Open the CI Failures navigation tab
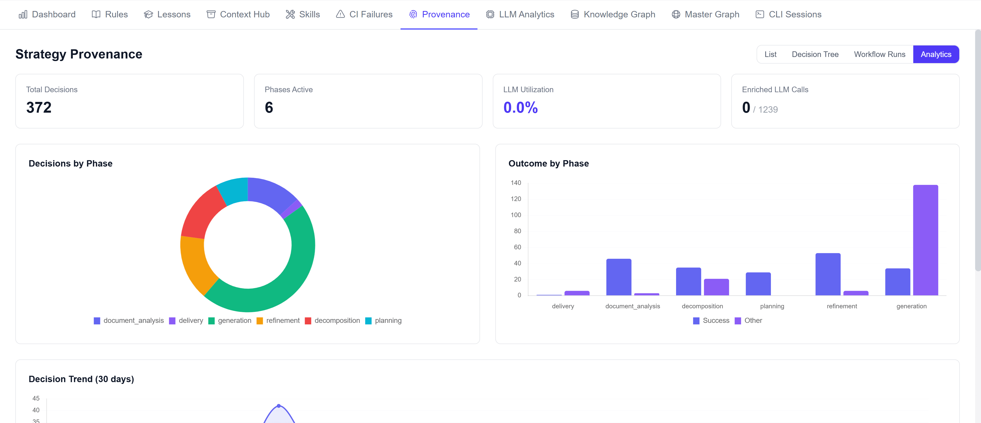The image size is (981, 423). click(x=364, y=15)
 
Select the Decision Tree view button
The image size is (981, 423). click(x=815, y=54)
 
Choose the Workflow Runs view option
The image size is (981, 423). click(x=879, y=54)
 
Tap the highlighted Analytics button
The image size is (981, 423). click(x=936, y=54)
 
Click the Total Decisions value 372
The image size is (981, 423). click(x=39, y=107)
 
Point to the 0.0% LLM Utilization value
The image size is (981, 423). click(x=520, y=107)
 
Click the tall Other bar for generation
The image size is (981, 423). click(x=925, y=240)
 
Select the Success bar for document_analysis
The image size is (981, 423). click(x=619, y=277)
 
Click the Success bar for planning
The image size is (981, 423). click(x=758, y=284)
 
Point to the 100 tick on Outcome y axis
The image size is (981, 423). click(x=516, y=215)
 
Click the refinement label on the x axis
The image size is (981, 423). click(x=842, y=306)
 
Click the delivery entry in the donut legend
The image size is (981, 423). click(x=186, y=321)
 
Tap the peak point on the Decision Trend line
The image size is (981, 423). click(x=279, y=406)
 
